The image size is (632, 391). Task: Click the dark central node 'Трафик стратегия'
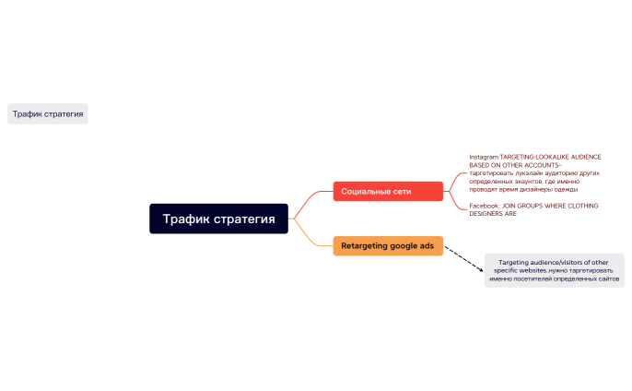click(218, 219)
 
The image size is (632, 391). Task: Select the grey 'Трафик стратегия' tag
click(48, 114)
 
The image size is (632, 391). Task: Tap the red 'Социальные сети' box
click(387, 191)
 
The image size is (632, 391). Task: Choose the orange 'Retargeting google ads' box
click(387, 246)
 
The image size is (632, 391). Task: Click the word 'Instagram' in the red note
click(483, 157)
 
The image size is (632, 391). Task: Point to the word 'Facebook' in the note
click(484, 206)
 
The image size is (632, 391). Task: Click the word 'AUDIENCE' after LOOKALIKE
click(582, 157)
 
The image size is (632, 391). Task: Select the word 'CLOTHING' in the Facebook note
click(581, 206)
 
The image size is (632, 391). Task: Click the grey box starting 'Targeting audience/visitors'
click(554, 270)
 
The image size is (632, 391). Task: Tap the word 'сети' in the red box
click(401, 191)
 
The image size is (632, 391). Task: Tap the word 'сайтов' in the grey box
click(605, 278)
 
